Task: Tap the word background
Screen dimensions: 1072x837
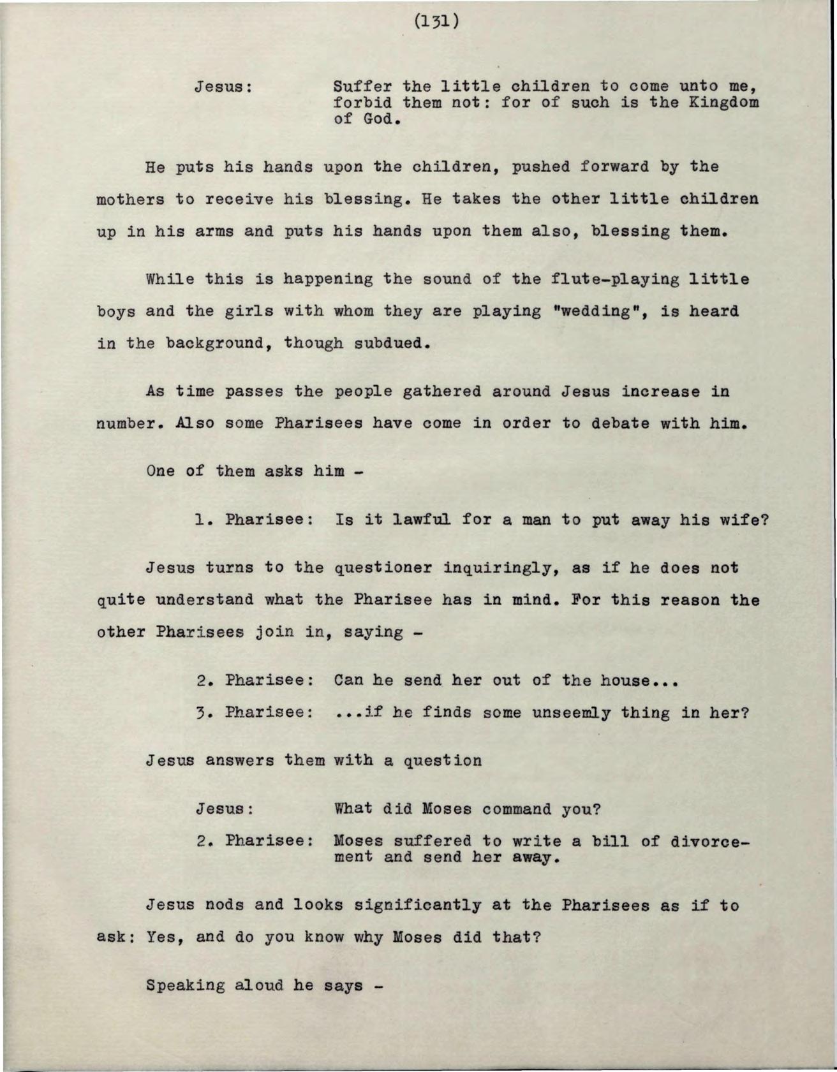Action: pos(214,343)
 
